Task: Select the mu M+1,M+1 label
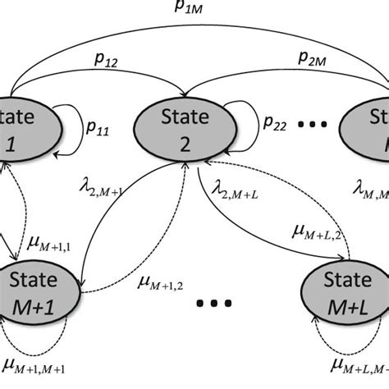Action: click(x=34, y=364)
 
